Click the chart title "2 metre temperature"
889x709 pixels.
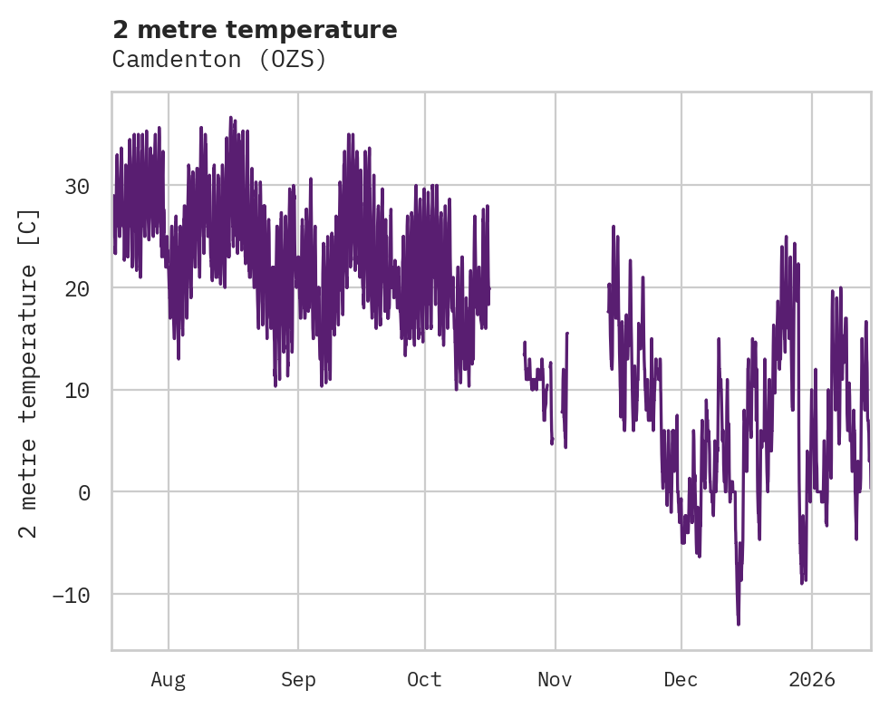pos(255,30)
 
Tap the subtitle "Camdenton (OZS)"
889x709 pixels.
pos(218,60)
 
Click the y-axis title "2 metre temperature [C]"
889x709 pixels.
pos(29,373)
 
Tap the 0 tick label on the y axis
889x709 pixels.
pos(83,492)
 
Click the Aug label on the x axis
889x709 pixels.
pos(169,680)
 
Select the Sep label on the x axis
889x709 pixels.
pos(297,680)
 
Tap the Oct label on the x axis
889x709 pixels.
pos(424,680)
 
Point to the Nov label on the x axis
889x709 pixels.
pos(555,680)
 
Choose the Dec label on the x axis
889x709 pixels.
pos(681,680)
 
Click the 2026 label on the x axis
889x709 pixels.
pos(812,680)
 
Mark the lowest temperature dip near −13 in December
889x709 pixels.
pos(739,624)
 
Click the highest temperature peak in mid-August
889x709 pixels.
pos(230,118)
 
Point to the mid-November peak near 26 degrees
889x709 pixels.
pos(614,227)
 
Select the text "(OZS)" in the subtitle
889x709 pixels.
pos(299,60)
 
